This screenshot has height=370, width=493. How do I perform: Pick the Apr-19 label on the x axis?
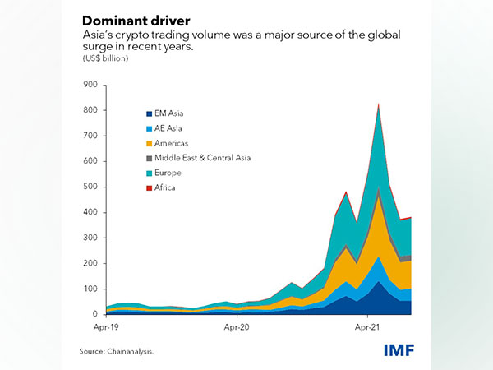pyautogui.click(x=107, y=326)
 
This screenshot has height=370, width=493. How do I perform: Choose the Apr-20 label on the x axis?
pyautogui.click(x=237, y=326)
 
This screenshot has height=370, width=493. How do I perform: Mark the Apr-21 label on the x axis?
pyautogui.click(x=366, y=326)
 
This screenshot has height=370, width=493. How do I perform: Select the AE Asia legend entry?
pyautogui.click(x=172, y=128)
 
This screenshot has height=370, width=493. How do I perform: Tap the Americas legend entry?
pyautogui.click(x=173, y=143)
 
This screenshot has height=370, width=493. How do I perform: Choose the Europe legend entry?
pyautogui.click(x=170, y=173)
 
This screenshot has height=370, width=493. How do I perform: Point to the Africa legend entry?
pyautogui.click(x=168, y=187)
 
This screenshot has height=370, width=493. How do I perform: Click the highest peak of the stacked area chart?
pyautogui.click(x=378, y=104)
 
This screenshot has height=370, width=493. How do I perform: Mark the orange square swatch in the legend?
pyautogui.click(x=148, y=143)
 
